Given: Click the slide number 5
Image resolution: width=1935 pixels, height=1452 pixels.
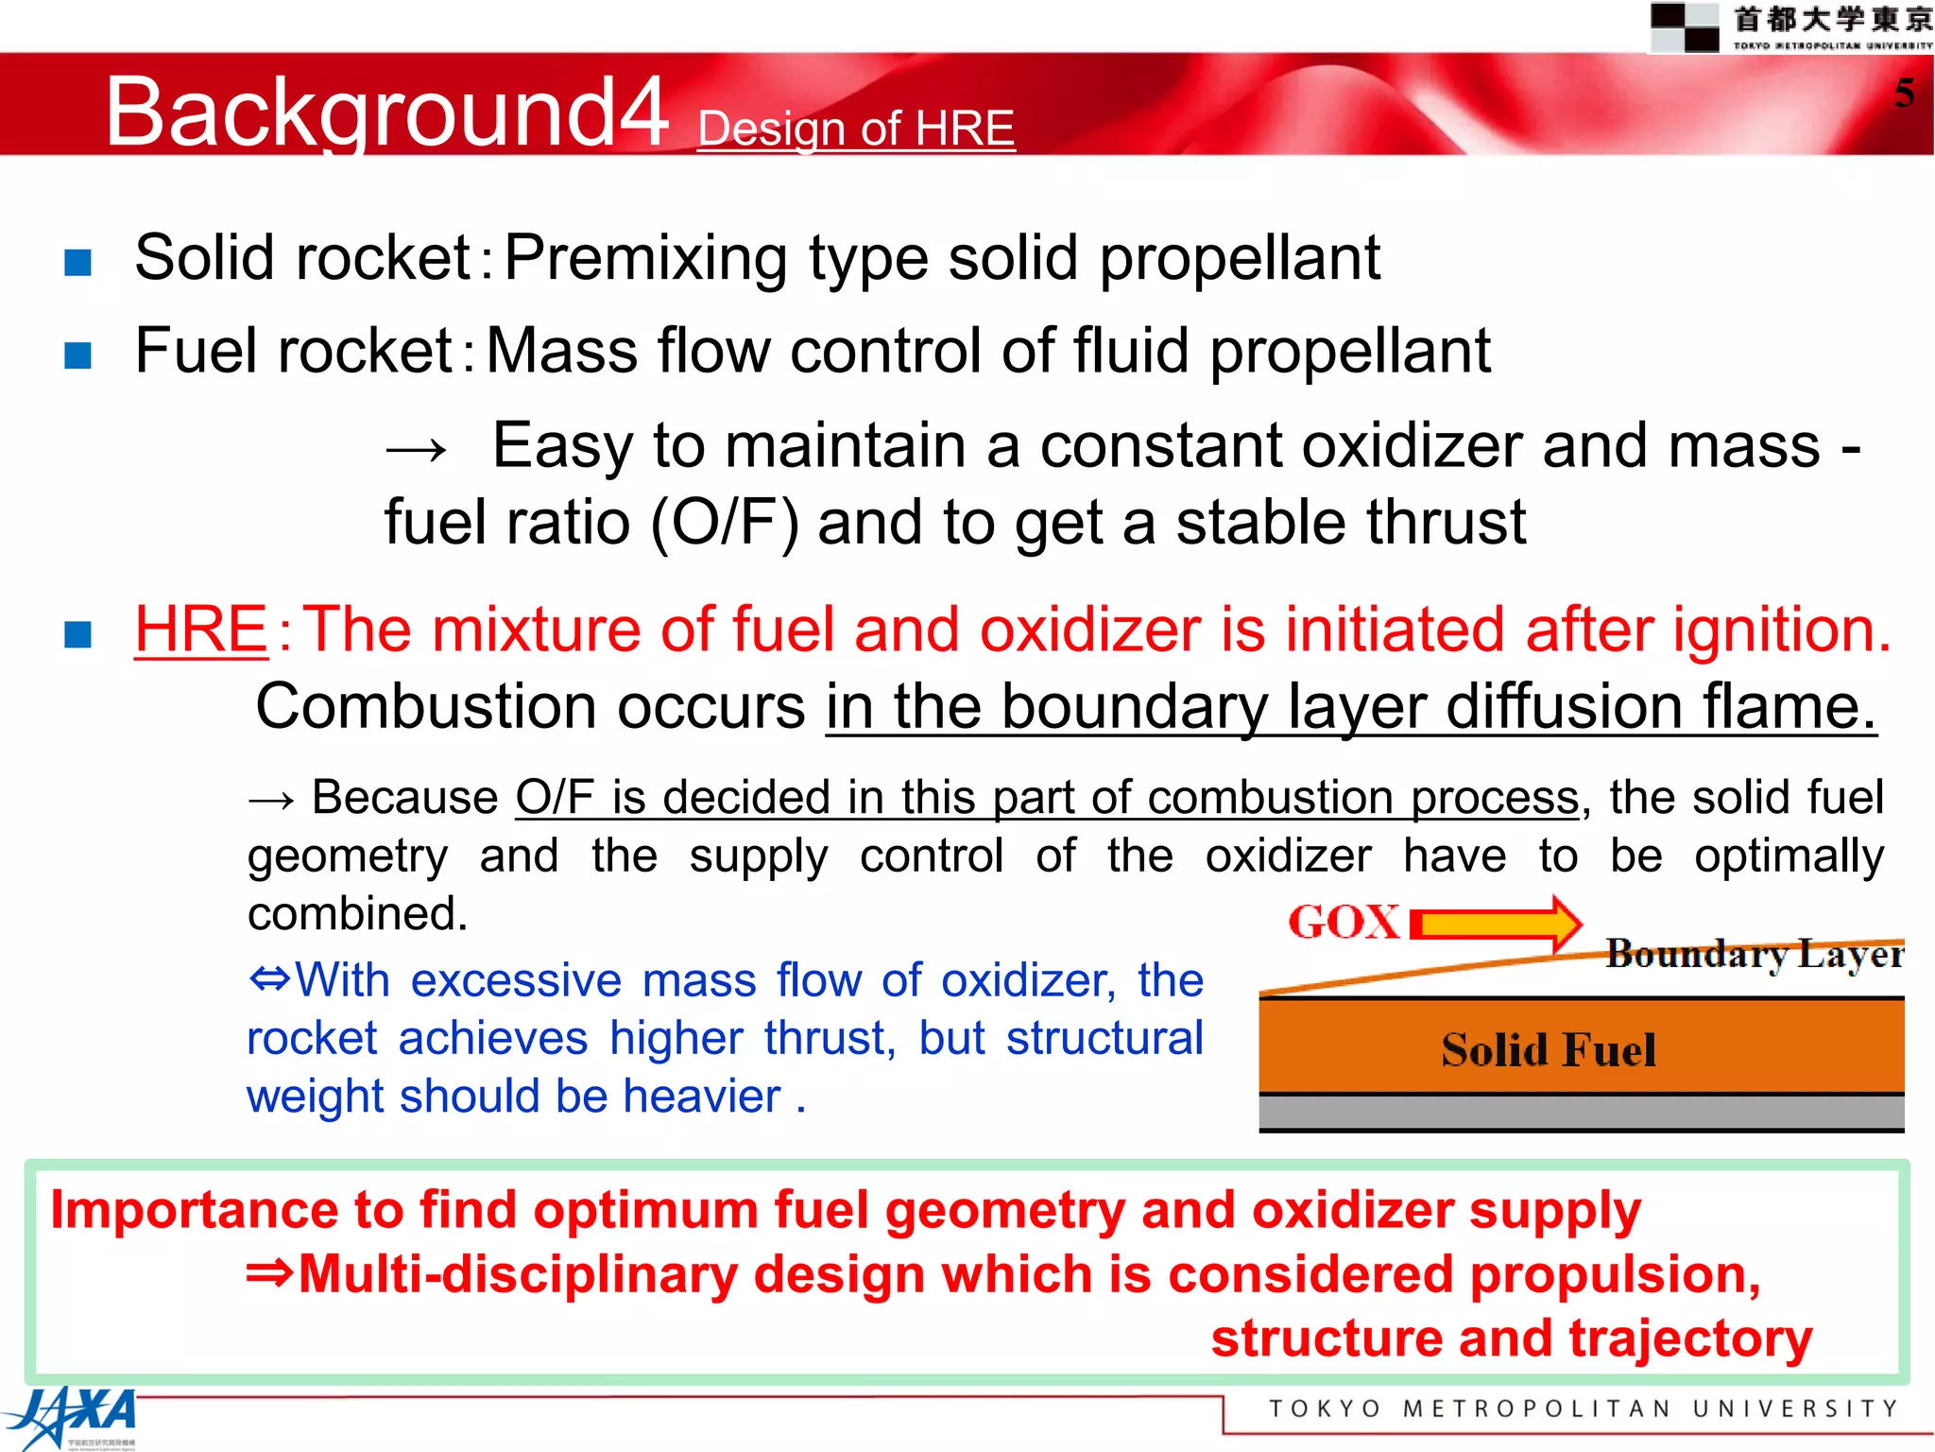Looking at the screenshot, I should click(x=1904, y=93).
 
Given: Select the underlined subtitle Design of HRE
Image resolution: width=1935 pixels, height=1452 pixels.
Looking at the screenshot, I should click(x=856, y=129).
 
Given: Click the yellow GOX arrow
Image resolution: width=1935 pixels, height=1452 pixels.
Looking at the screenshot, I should click(x=1498, y=923).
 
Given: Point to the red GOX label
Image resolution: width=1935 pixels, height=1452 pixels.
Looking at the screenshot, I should click(x=1344, y=922).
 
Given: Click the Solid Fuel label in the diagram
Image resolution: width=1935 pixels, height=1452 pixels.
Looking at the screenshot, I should click(x=1549, y=1049).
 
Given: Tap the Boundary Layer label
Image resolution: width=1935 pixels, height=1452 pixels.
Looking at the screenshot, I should click(x=1755, y=953).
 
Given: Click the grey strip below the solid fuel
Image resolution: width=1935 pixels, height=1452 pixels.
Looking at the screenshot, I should click(x=1581, y=1113).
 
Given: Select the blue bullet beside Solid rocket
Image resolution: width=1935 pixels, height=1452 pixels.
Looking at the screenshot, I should click(x=77, y=262).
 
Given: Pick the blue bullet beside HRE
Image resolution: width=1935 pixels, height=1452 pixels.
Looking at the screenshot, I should click(x=77, y=633).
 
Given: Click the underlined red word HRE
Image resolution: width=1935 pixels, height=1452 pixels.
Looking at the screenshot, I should click(x=201, y=630).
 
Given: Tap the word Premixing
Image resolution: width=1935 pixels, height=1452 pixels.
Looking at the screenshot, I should click(x=646, y=258).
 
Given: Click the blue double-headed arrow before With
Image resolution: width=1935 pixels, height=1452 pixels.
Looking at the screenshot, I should click(x=270, y=978).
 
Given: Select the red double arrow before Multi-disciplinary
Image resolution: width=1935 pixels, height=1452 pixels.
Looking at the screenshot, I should click(x=269, y=1273).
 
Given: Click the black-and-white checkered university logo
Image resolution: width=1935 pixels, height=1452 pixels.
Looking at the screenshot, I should click(x=1684, y=27).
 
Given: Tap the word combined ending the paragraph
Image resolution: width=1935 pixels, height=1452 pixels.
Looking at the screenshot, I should click(x=358, y=914).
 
